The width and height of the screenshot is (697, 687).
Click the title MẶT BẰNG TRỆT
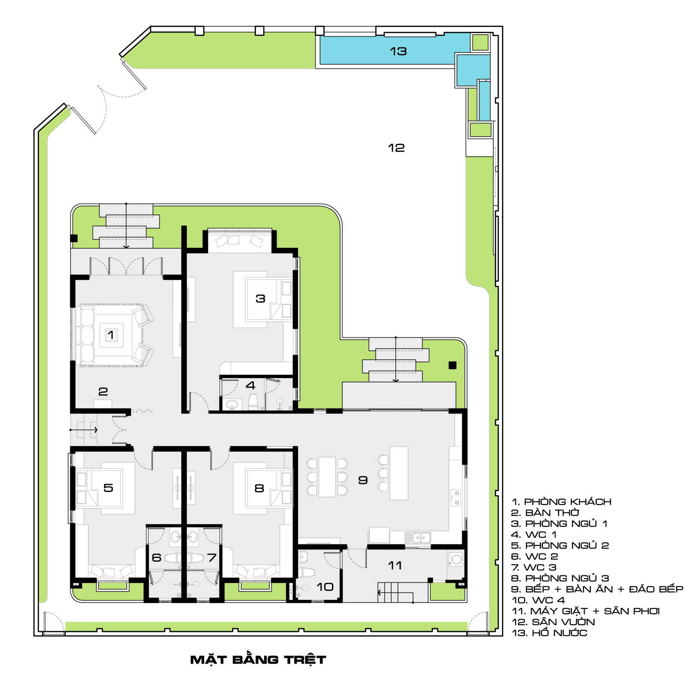[258, 659]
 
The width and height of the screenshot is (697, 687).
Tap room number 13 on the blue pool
[398, 52]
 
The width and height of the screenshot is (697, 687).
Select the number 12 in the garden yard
[396, 148]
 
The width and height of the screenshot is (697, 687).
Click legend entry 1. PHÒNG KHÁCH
[561, 502]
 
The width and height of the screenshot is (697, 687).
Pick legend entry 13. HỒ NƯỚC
[549, 632]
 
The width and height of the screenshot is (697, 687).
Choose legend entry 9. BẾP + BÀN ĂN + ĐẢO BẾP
[597, 589]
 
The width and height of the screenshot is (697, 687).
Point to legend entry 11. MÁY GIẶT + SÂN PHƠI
[586, 611]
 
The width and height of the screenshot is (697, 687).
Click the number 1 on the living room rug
[111, 335]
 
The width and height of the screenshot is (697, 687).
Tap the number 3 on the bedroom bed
[260, 298]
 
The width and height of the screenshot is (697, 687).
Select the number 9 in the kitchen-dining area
[363, 480]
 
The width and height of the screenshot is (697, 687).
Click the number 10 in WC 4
[325, 587]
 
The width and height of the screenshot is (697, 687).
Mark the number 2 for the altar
[103, 392]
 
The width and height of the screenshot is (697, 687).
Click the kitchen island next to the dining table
[399, 473]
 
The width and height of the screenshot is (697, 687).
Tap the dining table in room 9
[327, 477]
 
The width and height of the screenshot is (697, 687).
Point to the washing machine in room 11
[457, 559]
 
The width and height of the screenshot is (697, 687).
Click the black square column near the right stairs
[452, 365]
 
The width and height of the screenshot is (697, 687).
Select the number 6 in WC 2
[157, 557]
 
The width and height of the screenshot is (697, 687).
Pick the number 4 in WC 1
[250, 385]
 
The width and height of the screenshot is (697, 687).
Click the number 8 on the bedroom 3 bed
[259, 488]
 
